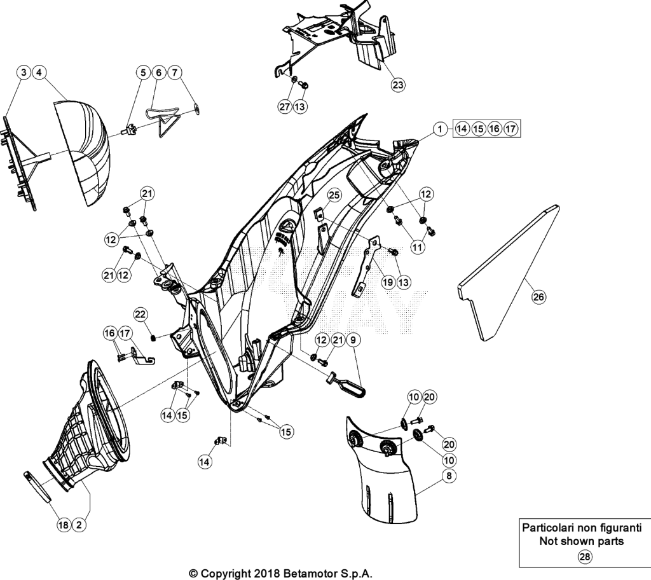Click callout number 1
coord(440,129)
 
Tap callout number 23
coord(397,85)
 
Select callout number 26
coord(538,296)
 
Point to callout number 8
coord(449,475)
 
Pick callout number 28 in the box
coord(584,556)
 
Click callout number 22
coord(140,315)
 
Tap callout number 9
coord(353,340)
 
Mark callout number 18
coord(63,525)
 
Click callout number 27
coord(284,106)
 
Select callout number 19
coord(387,282)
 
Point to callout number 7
coord(174,72)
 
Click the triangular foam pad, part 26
coord(509,272)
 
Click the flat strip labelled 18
coord(38,487)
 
